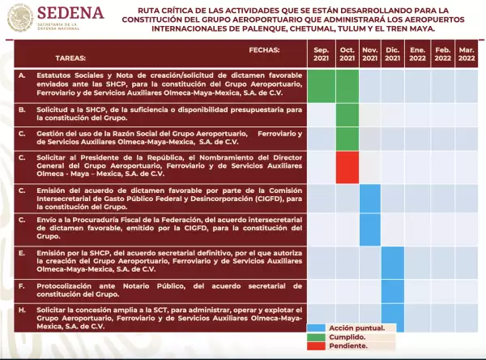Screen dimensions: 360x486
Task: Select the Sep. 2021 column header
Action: pyautogui.click(x=322, y=54)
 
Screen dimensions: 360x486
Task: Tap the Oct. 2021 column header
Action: pyautogui.click(x=347, y=54)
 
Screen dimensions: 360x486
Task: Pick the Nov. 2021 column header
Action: pyautogui.click(x=370, y=54)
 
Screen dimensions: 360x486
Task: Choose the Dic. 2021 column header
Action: pyautogui.click(x=393, y=54)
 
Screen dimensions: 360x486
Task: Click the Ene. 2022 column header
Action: pyautogui.click(x=418, y=54)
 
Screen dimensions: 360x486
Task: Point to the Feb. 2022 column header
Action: pyautogui.click(x=443, y=54)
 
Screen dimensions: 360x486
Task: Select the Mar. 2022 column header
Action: pyautogui.click(x=467, y=54)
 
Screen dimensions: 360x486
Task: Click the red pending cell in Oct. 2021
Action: pyautogui.click(x=347, y=167)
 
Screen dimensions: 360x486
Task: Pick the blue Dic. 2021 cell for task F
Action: pyautogui.click(x=393, y=290)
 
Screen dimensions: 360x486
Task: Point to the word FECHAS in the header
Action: pyautogui.click(x=264, y=49)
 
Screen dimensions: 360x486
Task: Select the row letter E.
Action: pyautogui.click(x=21, y=253)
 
